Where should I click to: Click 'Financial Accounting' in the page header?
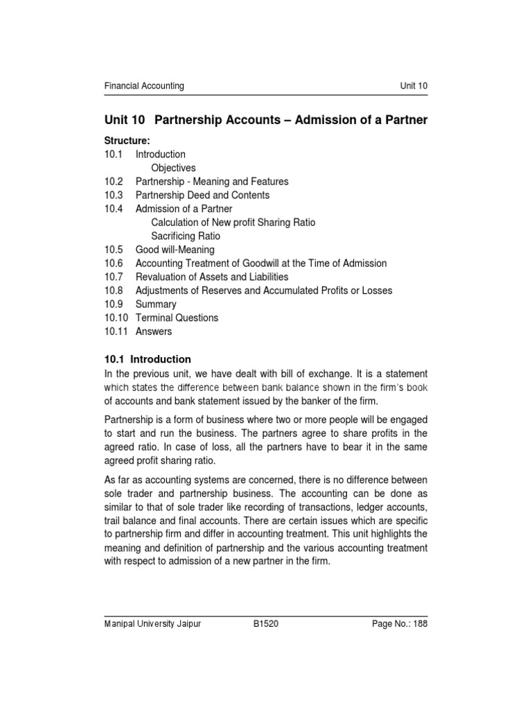144,86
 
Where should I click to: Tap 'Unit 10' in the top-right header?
414,86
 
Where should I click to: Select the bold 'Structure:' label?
127,141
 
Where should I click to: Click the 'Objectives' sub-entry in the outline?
173,168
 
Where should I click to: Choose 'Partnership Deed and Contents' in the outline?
202,196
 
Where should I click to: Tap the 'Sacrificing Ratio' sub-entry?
186,236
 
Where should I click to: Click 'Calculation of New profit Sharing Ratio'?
233,223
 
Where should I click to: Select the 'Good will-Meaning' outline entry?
175,250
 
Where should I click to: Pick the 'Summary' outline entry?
156,304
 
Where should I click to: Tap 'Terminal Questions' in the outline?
177,318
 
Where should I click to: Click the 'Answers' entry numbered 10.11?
154,331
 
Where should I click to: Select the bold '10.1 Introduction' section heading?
148,359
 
